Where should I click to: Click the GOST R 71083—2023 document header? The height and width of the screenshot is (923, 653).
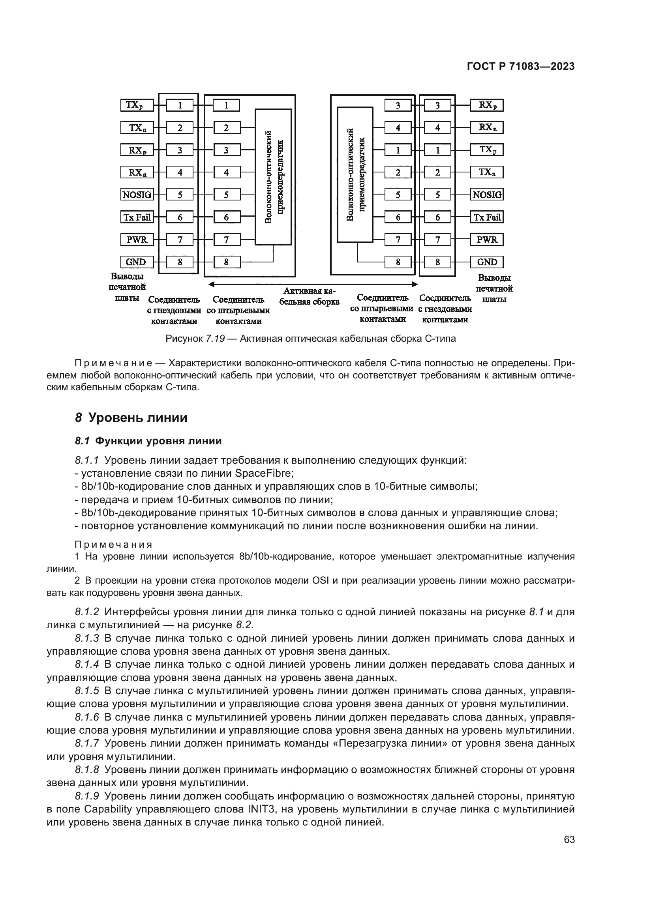(521, 67)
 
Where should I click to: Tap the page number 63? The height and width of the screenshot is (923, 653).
(569, 851)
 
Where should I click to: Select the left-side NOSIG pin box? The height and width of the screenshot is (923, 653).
(137, 195)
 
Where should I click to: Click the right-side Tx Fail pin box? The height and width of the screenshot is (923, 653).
(487, 217)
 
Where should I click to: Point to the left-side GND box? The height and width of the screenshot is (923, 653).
(135, 262)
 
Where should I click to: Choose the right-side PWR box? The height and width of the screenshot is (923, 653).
(487, 240)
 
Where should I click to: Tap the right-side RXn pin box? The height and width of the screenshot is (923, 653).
(487, 128)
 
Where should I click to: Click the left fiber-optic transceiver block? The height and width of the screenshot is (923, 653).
(274, 177)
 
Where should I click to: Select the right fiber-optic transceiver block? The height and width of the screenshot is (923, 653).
(355, 175)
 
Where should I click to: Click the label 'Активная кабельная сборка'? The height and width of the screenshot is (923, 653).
(309, 297)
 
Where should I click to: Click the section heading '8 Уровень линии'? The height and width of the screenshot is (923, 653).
(131, 418)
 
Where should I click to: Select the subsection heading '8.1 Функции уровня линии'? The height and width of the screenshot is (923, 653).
(148, 441)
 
